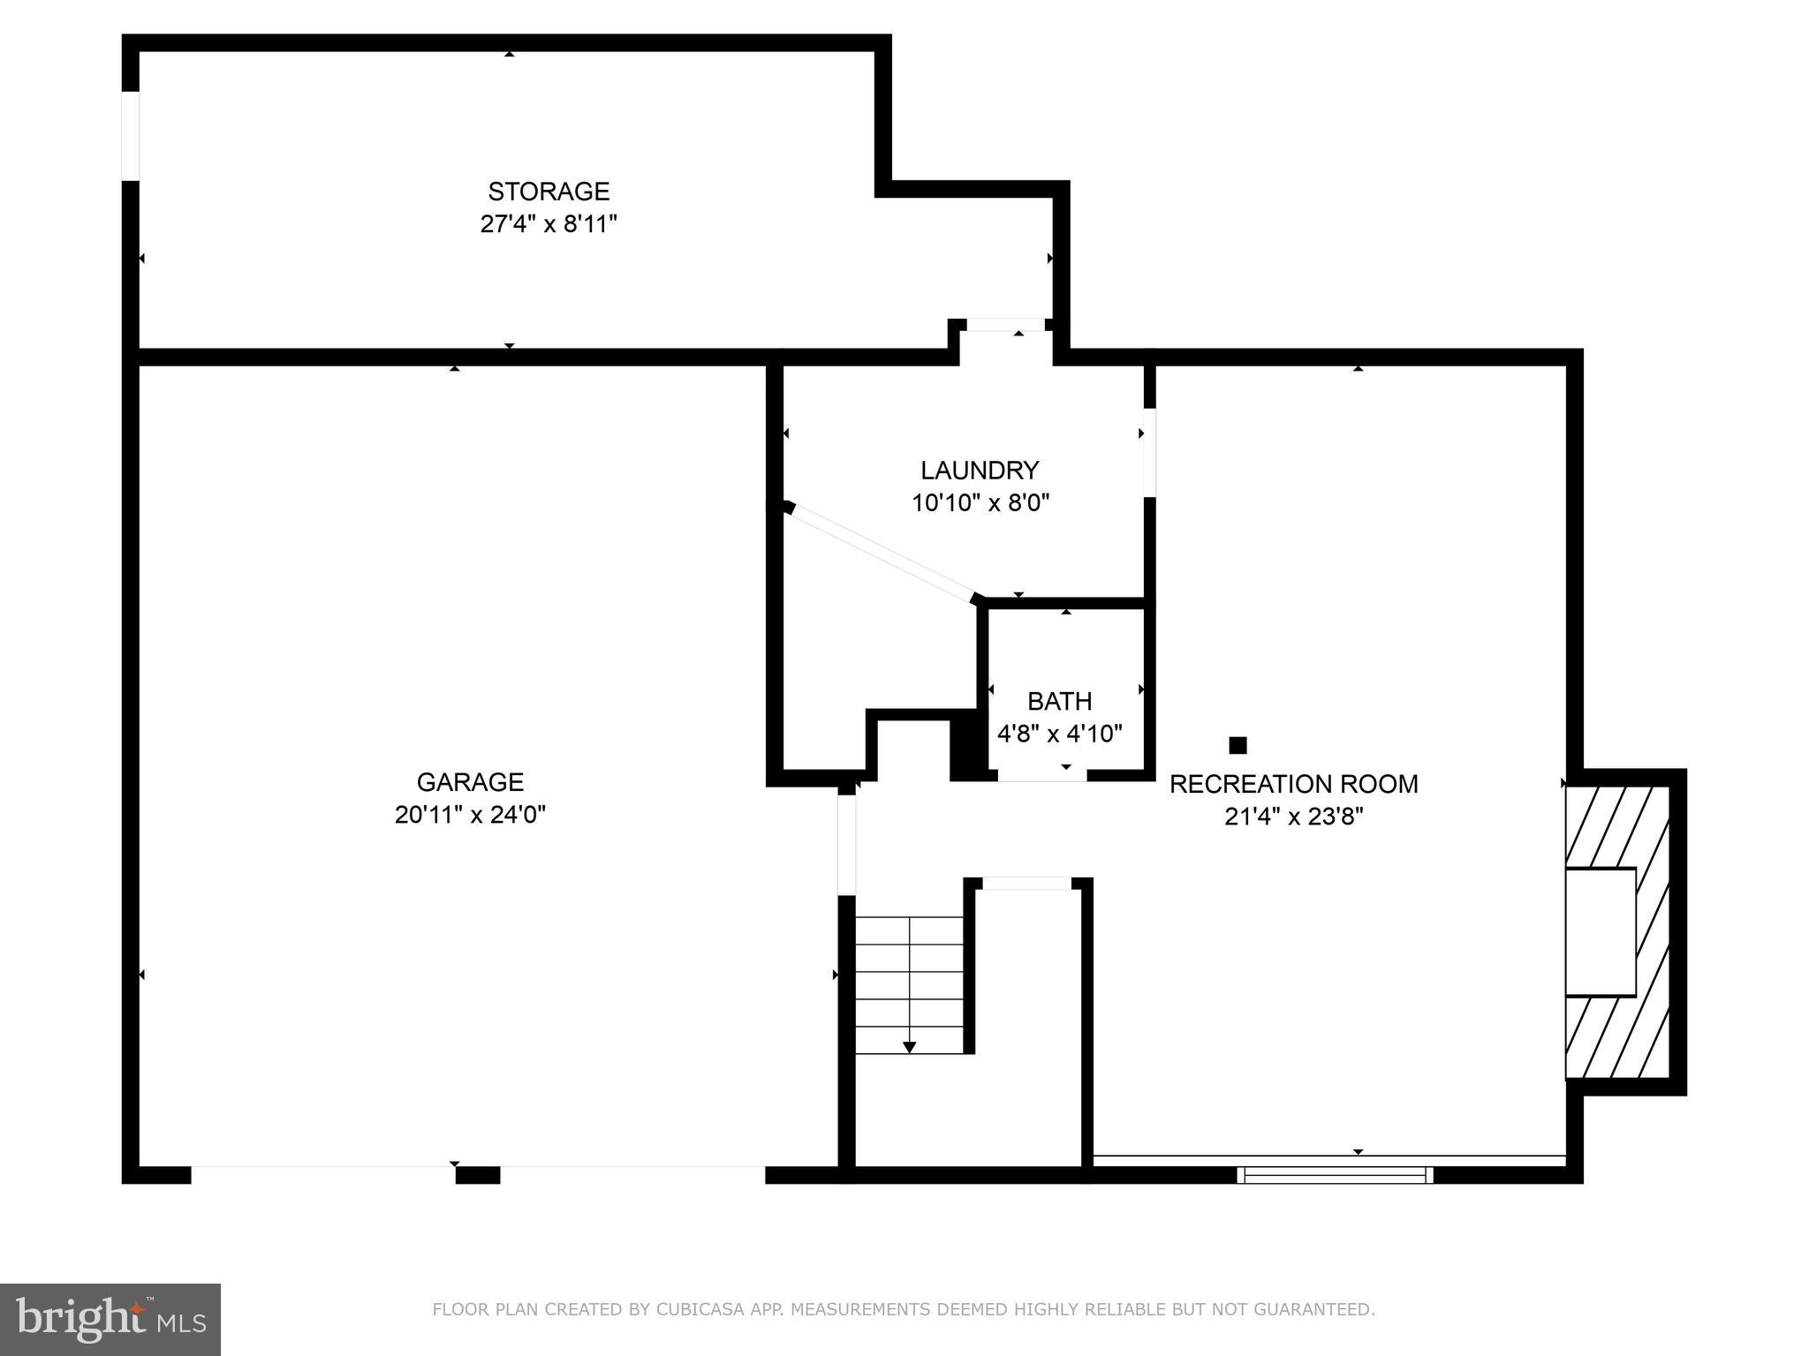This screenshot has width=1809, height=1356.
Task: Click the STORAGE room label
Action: tap(549, 192)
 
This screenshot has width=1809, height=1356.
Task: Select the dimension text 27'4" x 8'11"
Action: tap(548, 224)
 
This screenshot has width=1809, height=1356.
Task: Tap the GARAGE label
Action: tap(470, 782)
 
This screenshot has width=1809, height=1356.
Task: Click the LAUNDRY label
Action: tap(980, 471)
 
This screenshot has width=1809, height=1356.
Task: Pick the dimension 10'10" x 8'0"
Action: tap(980, 503)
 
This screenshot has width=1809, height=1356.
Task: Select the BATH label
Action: tap(1059, 702)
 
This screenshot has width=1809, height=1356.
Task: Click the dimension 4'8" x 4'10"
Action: tap(1059, 734)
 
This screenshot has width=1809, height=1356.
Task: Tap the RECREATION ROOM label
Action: tap(1293, 784)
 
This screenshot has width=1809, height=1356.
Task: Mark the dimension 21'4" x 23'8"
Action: tap(1293, 817)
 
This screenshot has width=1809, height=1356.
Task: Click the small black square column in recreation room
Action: tap(1238, 745)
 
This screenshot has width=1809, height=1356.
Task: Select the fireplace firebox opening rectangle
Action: tap(1601, 932)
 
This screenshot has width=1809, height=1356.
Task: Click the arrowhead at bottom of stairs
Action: tap(909, 1047)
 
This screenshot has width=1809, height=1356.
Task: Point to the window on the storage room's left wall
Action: tap(131, 135)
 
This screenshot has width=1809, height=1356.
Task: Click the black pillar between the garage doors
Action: tap(477, 1175)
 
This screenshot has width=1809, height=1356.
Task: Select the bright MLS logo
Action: tap(110, 1319)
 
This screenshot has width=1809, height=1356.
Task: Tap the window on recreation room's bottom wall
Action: tap(1334, 1175)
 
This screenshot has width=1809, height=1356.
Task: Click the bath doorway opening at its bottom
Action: tap(1042, 775)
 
